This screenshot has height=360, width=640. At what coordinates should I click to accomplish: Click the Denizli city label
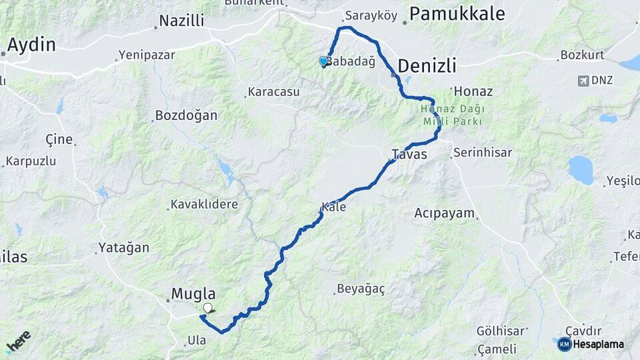click(x=427, y=65)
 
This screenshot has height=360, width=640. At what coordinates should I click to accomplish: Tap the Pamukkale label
click(x=457, y=13)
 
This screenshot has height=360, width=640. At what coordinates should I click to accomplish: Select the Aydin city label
click(x=31, y=45)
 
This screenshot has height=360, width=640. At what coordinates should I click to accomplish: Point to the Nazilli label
click(x=181, y=21)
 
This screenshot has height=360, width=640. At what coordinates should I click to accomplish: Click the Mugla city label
click(x=193, y=293)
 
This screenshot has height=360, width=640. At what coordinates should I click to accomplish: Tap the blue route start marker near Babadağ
click(x=324, y=61)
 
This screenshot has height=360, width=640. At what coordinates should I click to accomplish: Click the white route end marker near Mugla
click(x=209, y=307)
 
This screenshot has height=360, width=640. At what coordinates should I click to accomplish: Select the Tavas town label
click(x=409, y=154)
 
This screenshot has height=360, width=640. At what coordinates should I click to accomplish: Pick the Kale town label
click(x=334, y=207)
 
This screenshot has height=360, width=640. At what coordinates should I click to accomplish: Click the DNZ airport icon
click(x=583, y=81)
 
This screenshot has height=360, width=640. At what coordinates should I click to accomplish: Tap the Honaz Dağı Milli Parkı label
click(x=453, y=115)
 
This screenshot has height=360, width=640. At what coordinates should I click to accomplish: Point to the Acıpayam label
click(x=444, y=213)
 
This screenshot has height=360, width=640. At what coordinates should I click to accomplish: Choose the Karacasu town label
click(x=273, y=91)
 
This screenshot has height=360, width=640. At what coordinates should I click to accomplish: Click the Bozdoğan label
click(x=186, y=115)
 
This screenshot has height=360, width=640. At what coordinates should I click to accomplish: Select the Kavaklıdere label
click(x=204, y=204)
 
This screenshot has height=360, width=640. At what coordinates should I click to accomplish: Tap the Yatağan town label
click(x=124, y=247)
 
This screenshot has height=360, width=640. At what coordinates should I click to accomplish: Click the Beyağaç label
click(x=361, y=289)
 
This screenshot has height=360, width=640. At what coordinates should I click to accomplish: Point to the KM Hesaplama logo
click(x=591, y=344)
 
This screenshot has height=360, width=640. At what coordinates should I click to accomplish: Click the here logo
click(x=19, y=341)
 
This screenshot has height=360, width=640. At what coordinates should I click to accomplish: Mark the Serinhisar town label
click(x=482, y=153)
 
